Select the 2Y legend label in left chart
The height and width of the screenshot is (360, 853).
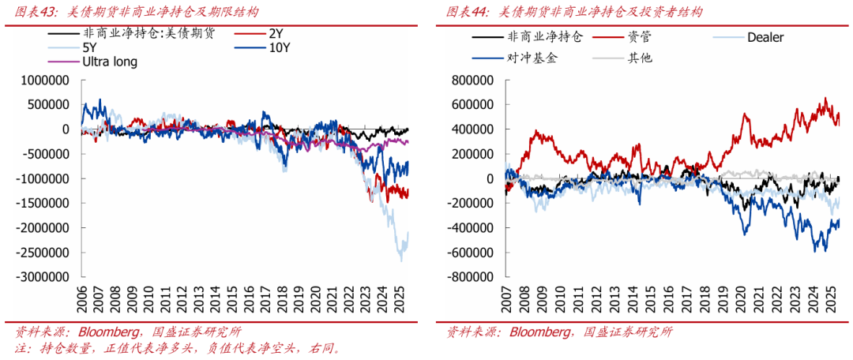(275, 35)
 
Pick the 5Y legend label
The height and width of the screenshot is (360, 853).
(89, 48)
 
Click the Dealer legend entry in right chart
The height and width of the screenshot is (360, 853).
(765, 37)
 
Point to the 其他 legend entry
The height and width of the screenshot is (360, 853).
(640, 58)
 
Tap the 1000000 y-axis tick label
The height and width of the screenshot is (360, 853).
(45, 80)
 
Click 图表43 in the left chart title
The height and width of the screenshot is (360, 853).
(36, 12)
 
